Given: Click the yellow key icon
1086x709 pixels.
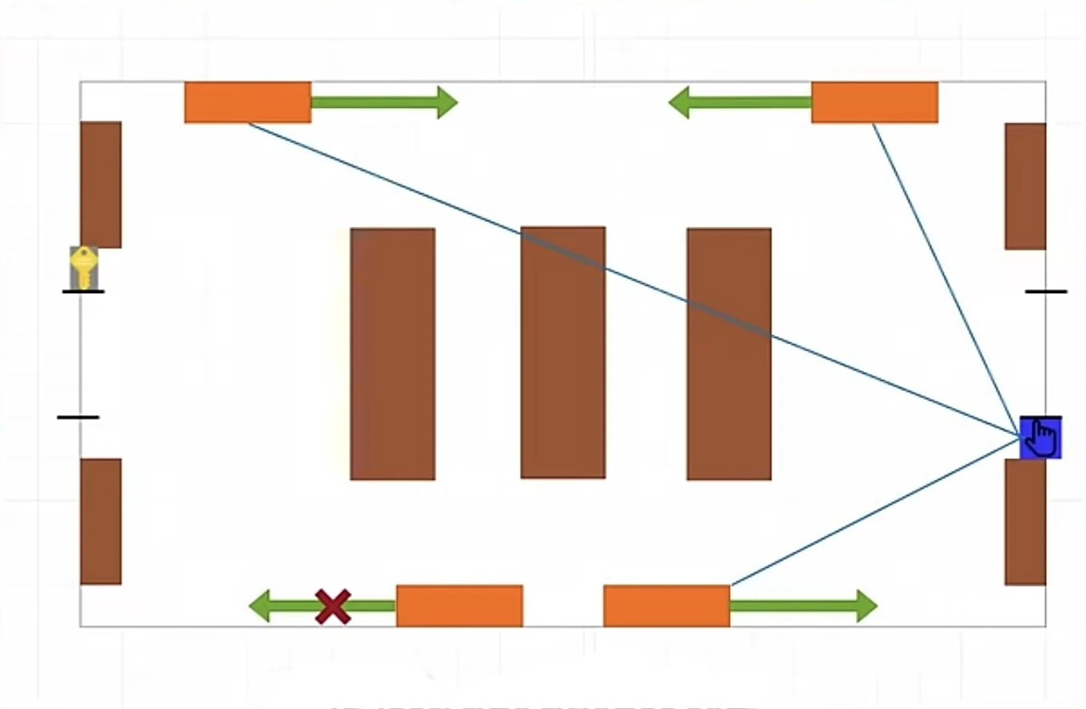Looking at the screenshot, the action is coord(84,267).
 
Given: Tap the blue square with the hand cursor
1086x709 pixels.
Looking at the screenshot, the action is coord(1040,438).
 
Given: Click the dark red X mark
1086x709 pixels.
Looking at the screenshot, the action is coord(333,606).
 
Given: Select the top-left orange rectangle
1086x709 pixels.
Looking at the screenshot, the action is coord(248,102).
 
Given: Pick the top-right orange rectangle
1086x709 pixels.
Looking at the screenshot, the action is coord(874,102).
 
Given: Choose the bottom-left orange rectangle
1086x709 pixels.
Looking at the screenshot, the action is coord(459,606).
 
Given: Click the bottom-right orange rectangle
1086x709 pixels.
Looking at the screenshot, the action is coord(666,606).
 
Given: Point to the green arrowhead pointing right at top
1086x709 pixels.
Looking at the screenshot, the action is coord(446,102).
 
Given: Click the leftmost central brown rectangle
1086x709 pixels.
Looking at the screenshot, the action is coord(393,354).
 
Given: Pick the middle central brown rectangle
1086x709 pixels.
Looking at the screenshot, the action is coord(563,352).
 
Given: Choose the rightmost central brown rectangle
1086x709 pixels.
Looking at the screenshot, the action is coord(729,354).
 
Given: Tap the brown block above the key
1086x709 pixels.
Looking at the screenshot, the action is coord(101,184).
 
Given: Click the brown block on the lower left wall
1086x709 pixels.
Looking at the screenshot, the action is coord(101,521).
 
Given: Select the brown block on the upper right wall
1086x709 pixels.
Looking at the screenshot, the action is coord(1025,186).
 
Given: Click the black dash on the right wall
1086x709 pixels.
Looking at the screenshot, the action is coord(1046,291).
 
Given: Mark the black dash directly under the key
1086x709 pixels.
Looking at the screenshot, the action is coord(83,291).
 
